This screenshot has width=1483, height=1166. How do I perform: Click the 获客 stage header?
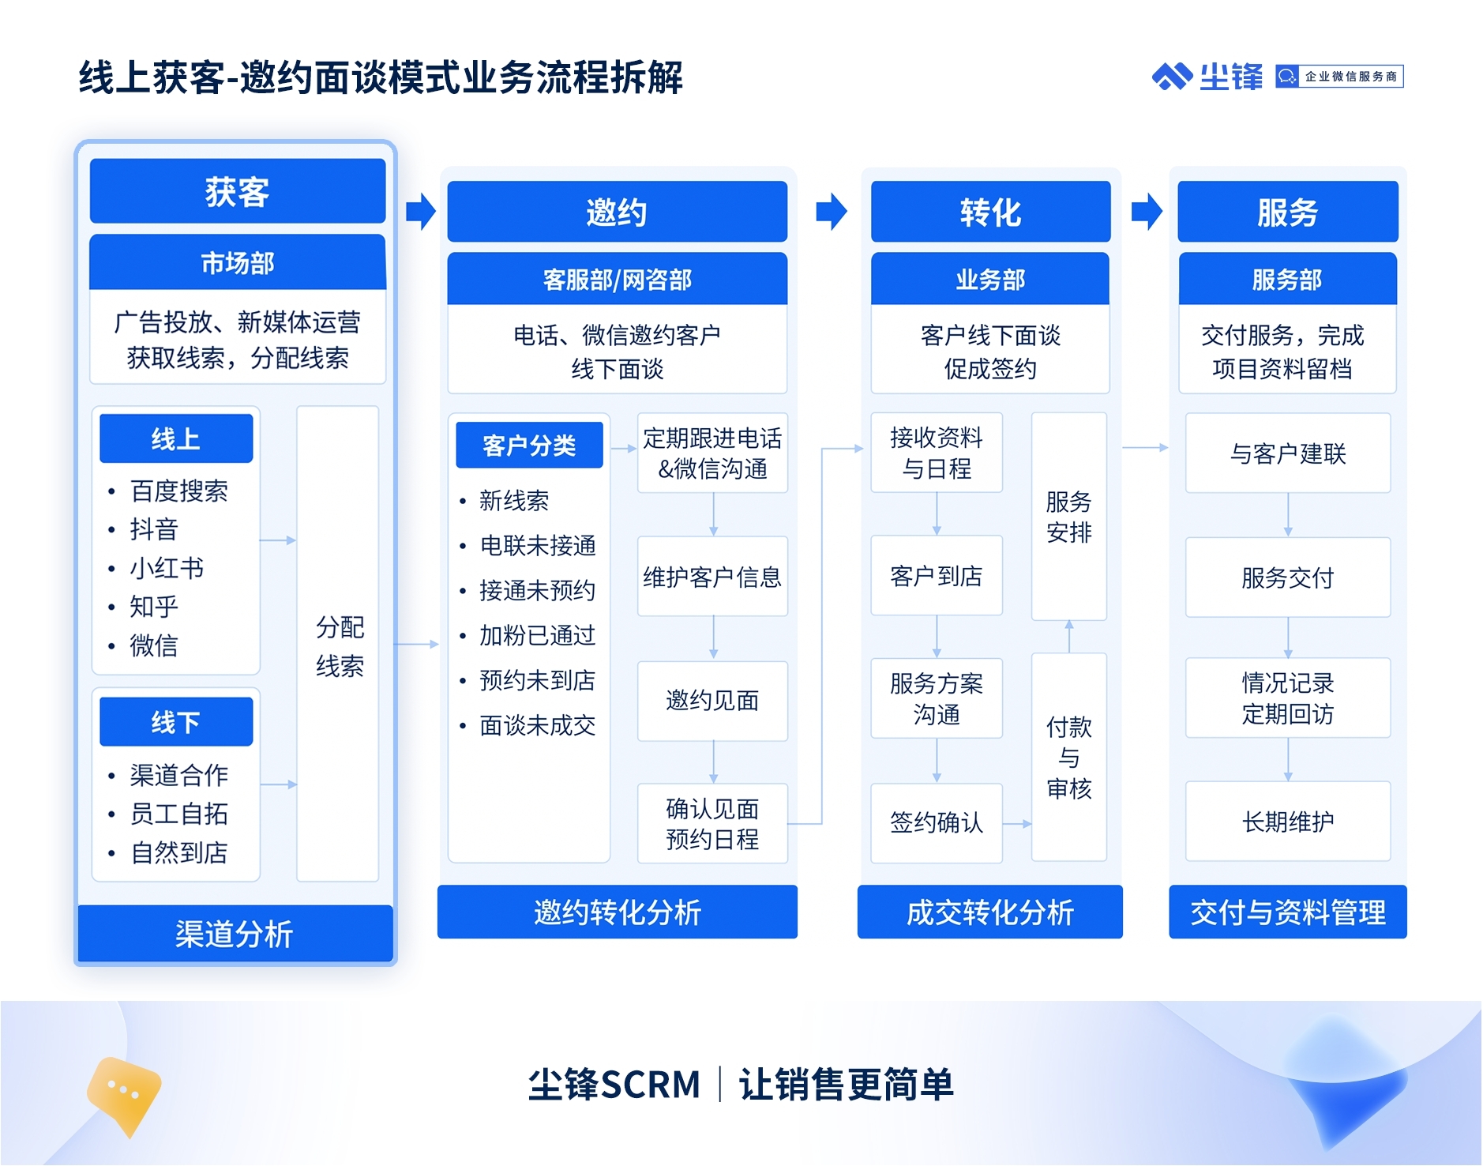click(238, 191)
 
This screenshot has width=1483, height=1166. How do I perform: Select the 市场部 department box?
click(238, 262)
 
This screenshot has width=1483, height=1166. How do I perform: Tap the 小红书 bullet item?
click(167, 568)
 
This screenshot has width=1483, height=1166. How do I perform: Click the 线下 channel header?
click(176, 721)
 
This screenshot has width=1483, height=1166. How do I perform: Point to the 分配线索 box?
click(338, 644)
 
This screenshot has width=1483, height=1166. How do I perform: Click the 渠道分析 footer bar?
click(235, 934)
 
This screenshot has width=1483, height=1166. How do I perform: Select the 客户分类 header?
click(529, 445)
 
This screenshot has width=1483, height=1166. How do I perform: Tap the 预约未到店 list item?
click(537, 680)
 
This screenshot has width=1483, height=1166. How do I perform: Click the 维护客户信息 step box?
click(712, 577)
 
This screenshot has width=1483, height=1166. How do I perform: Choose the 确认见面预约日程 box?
click(712, 823)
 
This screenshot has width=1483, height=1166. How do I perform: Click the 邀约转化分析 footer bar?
click(618, 912)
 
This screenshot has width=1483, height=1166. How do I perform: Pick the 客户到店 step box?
click(937, 576)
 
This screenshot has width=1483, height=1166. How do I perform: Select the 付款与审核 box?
click(1069, 757)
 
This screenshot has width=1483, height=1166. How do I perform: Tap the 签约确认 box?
click(937, 822)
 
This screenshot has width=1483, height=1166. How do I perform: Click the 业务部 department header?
click(990, 279)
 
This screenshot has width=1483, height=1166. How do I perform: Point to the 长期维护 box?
click(1288, 822)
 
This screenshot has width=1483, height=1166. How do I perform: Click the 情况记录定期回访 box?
click(1288, 698)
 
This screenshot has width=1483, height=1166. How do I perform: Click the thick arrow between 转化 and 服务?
click(1147, 212)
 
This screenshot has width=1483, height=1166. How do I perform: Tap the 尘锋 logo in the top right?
click(1207, 77)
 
